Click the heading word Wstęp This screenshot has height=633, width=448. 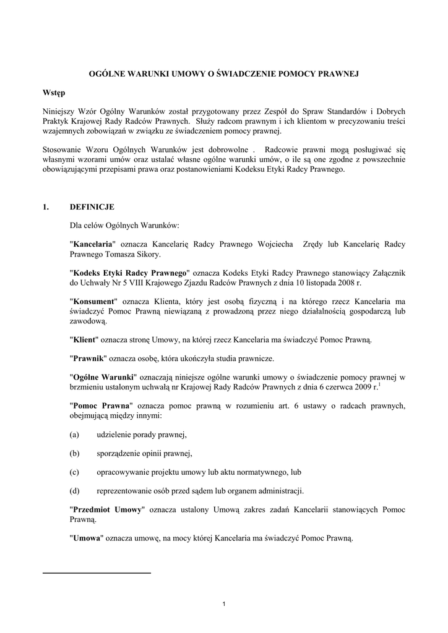(x=54, y=93)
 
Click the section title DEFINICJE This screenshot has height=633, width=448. (x=92, y=206)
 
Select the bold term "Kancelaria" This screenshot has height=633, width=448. (x=93, y=244)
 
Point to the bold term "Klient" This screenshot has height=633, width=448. (x=87, y=340)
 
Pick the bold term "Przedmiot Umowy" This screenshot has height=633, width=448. (x=108, y=509)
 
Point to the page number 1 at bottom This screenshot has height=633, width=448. (x=223, y=603)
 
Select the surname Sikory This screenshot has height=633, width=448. (x=147, y=254)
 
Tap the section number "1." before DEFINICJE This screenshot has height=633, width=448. (x=46, y=206)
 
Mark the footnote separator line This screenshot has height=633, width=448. (x=97, y=573)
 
